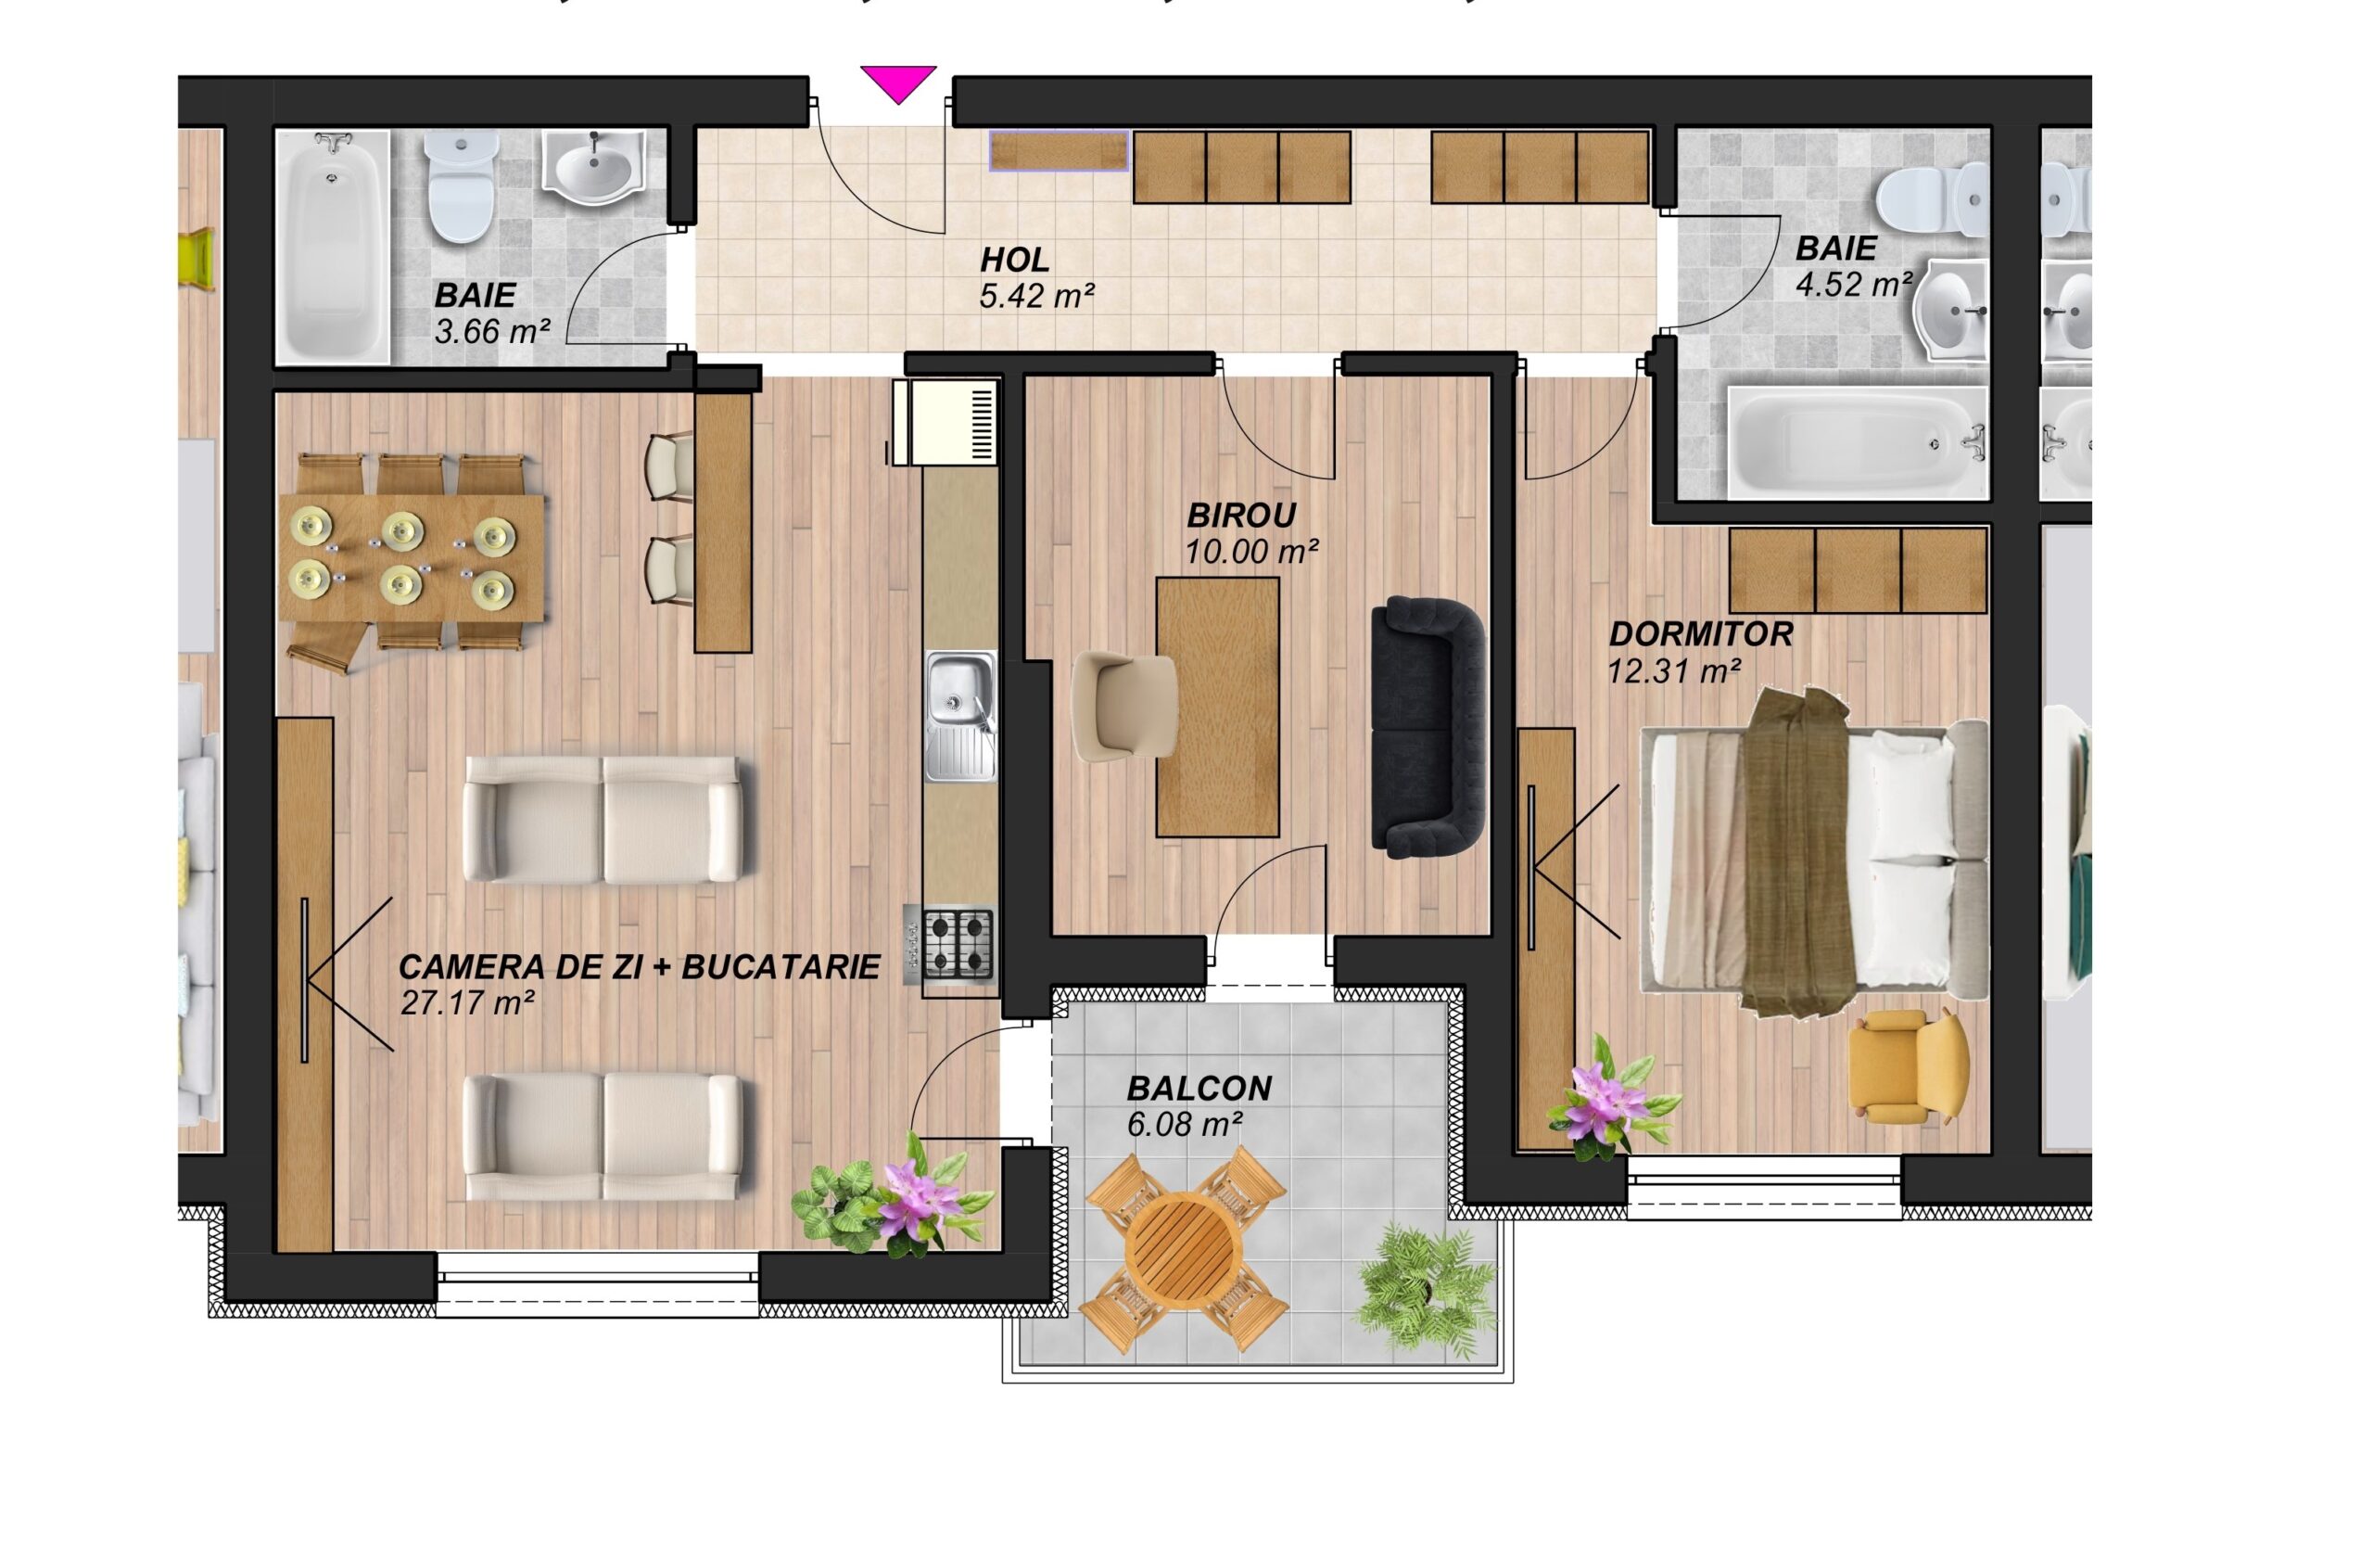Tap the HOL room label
coord(1014,261)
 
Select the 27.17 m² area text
coord(466,1002)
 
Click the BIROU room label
coord(1241,516)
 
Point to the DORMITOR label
coord(1701,633)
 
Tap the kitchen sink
coord(960,716)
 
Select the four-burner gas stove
coord(951,944)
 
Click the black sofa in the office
coord(1428,727)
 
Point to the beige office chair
coord(1123,708)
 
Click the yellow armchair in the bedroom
coord(1907,1068)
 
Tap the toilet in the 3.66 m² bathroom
coord(461,186)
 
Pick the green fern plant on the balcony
coord(1427,1293)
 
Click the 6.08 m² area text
coord(1185,1124)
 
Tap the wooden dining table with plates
coord(412,556)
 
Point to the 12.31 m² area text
coord(1674,670)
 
